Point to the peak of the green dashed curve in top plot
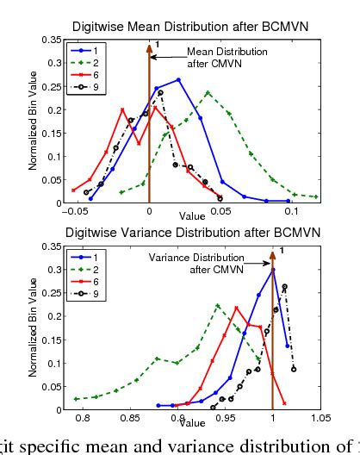coord(208,92)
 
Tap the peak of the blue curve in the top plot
coord(177,80)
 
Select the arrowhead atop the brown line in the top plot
coord(149,45)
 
